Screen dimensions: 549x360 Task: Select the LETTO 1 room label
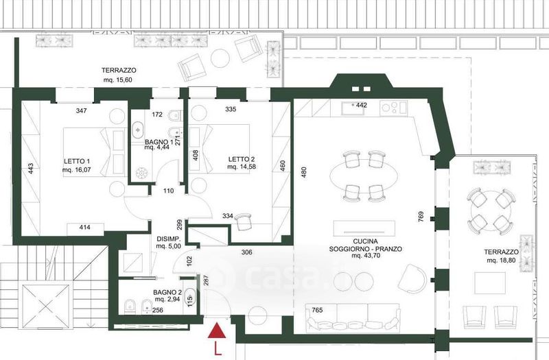77,161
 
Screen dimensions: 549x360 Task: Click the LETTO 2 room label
242,159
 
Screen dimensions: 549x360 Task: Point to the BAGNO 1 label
159,142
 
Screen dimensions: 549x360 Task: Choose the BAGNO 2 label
167,292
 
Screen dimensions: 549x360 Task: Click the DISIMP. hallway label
168,239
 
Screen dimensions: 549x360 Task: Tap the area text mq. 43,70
366,256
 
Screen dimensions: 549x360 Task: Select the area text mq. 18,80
501,261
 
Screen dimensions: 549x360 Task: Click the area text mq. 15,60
117,80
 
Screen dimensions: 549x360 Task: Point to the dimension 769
421,216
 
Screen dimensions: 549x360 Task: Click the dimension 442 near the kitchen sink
362,105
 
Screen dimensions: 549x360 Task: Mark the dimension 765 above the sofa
317,311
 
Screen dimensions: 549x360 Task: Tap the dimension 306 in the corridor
247,252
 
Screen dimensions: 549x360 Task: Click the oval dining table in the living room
364,177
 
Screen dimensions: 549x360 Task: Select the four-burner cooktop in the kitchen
394,107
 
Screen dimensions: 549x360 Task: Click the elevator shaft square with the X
46,307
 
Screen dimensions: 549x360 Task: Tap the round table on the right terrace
491,212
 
